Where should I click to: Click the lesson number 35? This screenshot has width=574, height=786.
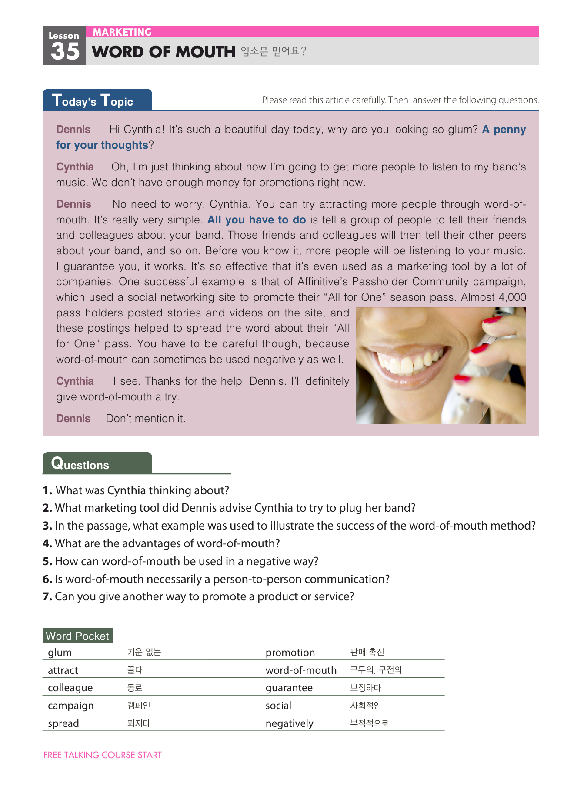(65, 51)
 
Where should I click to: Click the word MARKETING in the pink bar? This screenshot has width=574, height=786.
(122, 32)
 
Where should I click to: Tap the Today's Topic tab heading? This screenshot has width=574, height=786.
(93, 100)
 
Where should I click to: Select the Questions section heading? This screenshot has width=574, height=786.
(80, 464)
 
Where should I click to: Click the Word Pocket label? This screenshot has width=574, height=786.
(77, 636)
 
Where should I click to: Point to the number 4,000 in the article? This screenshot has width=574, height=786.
(512, 297)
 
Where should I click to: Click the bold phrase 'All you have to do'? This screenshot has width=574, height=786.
(257, 220)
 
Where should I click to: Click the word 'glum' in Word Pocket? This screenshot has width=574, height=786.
(60, 653)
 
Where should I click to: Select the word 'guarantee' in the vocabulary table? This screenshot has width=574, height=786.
(289, 688)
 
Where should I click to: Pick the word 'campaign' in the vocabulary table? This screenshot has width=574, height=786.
(71, 706)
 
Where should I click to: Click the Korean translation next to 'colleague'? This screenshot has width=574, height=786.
(135, 688)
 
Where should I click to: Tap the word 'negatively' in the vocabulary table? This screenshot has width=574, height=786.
(290, 723)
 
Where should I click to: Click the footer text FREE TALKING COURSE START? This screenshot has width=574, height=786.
(103, 755)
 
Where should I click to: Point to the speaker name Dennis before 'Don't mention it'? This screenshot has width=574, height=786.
(73, 419)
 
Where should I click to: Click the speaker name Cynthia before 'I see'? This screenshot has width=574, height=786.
(75, 381)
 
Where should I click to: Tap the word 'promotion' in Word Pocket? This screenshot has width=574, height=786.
(290, 653)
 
